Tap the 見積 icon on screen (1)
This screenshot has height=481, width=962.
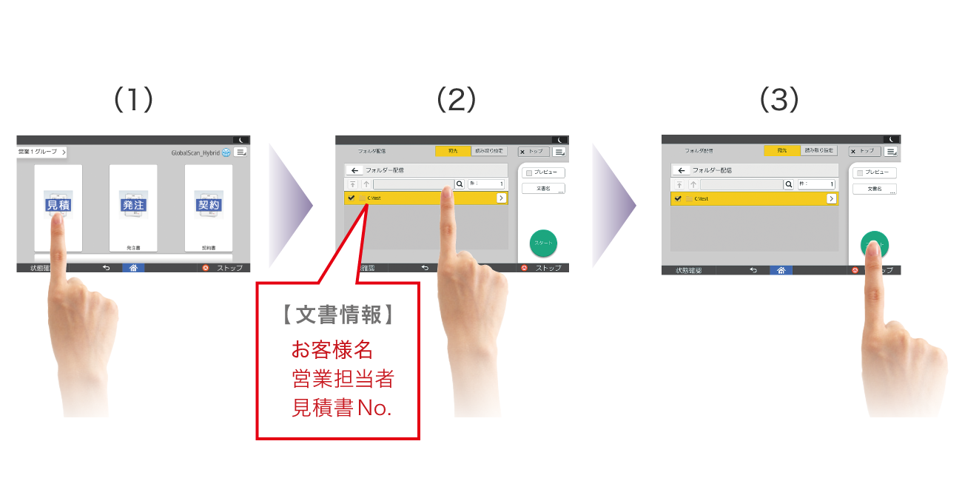click(x=58, y=204)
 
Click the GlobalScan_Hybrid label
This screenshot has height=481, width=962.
click(x=194, y=152)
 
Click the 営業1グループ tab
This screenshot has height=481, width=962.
click(x=41, y=152)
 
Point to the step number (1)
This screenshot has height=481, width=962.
click(x=133, y=100)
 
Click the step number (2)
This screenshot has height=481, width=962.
click(x=456, y=100)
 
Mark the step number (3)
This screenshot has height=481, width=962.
click(x=779, y=100)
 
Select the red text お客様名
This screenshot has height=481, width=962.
click(x=332, y=349)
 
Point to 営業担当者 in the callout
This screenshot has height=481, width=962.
click(x=343, y=379)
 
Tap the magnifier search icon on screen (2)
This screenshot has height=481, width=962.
click(x=459, y=184)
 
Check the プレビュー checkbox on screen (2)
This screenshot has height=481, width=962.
click(x=529, y=172)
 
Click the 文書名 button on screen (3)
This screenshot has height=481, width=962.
click(x=874, y=189)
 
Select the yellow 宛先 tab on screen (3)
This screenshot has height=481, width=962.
click(x=781, y=150)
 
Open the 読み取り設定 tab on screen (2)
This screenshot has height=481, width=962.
click(x=489, y=151)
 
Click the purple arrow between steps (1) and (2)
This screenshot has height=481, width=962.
click(x=290, y=205)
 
